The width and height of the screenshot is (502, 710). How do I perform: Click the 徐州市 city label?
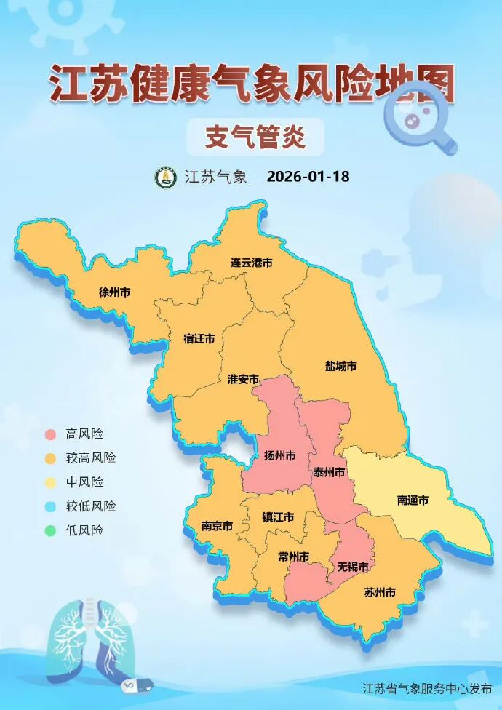click(114, 292)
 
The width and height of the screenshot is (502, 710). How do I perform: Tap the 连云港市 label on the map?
click(251, 263)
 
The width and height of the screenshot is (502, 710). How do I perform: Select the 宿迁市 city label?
click(199, 339)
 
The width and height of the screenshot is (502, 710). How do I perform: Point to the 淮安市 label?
click(243, 379)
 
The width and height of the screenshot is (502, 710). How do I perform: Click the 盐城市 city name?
click(340, 366)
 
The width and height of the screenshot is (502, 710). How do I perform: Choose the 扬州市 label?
click(279, 456)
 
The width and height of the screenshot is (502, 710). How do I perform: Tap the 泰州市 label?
click(328, 472)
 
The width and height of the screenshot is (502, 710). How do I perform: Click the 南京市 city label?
click(217, 526)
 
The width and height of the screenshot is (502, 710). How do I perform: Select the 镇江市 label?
click(278, 517)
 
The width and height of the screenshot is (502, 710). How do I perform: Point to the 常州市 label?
click(293, 557)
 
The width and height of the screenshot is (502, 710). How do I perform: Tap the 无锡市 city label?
click(351, 566)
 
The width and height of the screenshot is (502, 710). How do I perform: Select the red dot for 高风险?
click(50, 434)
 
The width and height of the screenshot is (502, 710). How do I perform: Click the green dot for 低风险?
click(50, 530)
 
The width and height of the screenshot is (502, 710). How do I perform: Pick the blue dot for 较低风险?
click(50, 506)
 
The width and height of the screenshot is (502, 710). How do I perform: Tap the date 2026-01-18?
click(308, 177)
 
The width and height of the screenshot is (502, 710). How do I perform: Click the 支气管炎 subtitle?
click(254, 137)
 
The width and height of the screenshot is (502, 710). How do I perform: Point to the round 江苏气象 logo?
click(166, 177)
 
